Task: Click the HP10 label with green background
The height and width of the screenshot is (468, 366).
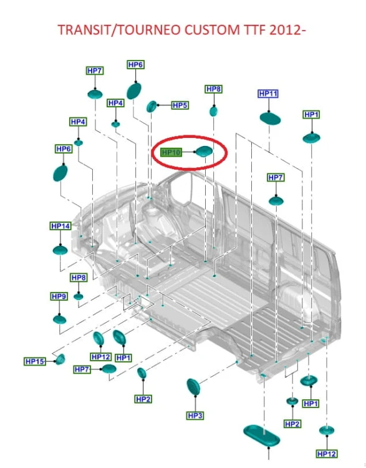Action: (171, 152)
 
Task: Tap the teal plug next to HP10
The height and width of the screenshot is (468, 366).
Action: (204, 152)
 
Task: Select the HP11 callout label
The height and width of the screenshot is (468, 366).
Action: (268, 94)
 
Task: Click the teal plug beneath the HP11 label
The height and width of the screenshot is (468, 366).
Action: (270, 119)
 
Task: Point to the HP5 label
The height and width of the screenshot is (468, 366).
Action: (180, 105)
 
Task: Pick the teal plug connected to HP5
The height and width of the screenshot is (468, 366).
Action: (152, 106)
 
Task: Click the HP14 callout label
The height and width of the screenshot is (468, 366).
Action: (60, 226)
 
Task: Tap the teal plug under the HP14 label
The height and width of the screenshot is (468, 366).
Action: (60, 250)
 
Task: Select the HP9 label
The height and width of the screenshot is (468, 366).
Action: (59, 296)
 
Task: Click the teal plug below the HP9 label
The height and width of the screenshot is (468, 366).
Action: (59, 319)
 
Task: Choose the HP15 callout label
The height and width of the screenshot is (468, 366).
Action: (34, 361)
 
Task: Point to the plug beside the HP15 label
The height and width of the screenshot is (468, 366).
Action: (60, 359)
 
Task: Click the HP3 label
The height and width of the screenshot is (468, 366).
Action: (195, 416)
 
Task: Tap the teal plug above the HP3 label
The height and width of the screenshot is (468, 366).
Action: (193, 387)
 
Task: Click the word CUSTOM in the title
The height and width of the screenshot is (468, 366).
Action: (213, 30)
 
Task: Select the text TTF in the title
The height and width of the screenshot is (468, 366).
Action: (256, 30)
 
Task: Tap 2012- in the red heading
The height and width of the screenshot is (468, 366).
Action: (288, 30)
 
